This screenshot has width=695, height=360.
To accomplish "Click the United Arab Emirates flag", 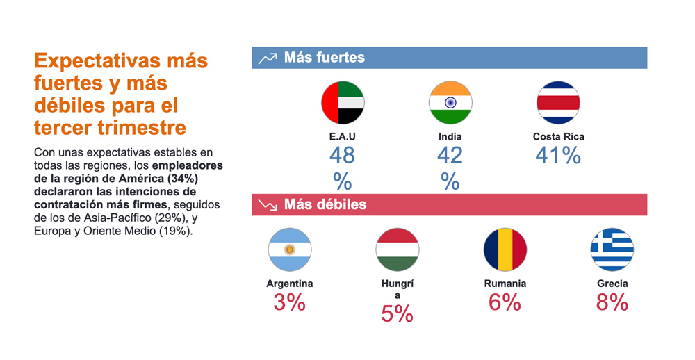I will pyautogui.click(x=343, y=103).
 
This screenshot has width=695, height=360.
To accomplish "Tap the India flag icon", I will pyautogui.click(x=450, y=103).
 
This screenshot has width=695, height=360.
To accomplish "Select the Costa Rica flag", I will pyautogui.click(x=558, y=103).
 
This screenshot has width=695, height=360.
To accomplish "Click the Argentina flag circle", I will pyautogui.click(x=290, y=249).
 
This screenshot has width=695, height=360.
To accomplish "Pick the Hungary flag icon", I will pyautogui.click(x=397, y=249).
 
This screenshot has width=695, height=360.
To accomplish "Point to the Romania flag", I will pyautogui.click(x=505, y=249).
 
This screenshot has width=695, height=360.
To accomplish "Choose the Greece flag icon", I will pyautogui.click(x=612, y=249).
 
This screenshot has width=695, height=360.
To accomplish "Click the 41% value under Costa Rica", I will pyautogui.click(x=558, y=156).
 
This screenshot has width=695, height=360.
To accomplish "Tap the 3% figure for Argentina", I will pyautogui.click(x=290, y=302).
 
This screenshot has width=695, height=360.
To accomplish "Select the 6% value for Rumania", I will pyautogui.click(x=505, y=302).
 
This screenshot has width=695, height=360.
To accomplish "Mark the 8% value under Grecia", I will pyautogui.click(x=612, y=302).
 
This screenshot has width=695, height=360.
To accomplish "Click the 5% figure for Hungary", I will pyautogui.click(x=397, y=314).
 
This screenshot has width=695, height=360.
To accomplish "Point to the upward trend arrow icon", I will pyautogui.click(x=268, y=58).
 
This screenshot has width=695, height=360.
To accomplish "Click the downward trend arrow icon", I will pyautogui.click(x=268, y=205).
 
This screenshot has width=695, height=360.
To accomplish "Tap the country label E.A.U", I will pyautogui.click(x=343, y=137).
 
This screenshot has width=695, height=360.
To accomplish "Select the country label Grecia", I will pyautogui.click(x=612, y=284).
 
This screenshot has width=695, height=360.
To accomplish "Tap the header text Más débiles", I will pyautogui.click(x=325, y=205).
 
